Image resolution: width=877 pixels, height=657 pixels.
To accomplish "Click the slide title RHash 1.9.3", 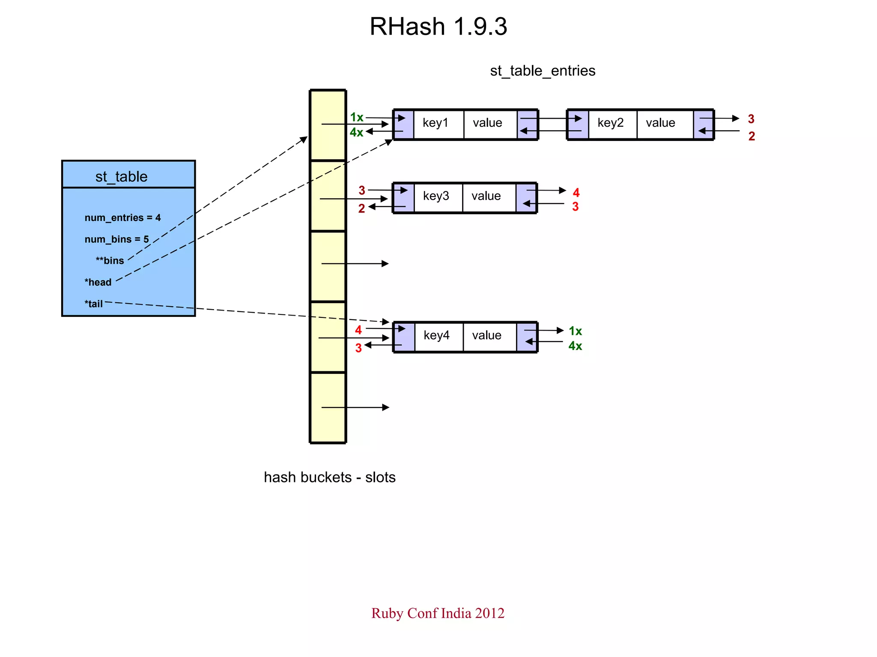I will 438,27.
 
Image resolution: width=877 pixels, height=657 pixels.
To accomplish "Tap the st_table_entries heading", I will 542,71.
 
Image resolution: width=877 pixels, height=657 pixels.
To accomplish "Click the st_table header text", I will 121,176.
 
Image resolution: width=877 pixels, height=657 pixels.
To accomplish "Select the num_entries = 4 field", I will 122,218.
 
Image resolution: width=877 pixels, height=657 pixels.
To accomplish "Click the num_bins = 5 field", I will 116,239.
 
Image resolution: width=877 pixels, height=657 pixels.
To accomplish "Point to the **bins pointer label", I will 110,260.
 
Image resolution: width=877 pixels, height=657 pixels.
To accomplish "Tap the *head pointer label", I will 98,282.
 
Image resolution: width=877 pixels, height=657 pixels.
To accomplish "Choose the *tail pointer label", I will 94,304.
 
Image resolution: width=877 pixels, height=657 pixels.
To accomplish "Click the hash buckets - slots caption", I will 329,477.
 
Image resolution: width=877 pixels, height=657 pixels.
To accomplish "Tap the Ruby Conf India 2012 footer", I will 438,613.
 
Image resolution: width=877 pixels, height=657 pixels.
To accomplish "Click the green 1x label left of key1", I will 356,117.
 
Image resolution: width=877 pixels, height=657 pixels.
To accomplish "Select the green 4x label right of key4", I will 575,346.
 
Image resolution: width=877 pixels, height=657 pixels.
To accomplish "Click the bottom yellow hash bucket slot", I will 328,407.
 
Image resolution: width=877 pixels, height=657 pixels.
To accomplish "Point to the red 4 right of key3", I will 576,193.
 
